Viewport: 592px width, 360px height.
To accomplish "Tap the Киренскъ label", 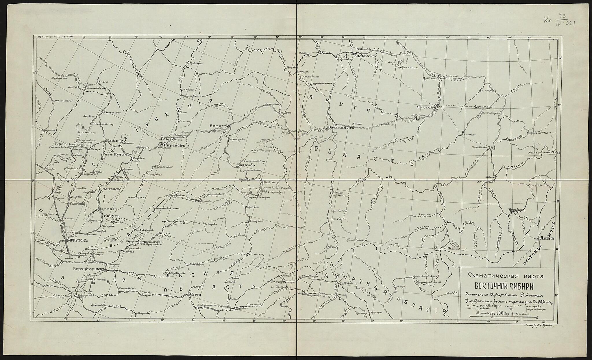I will (174, 145).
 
